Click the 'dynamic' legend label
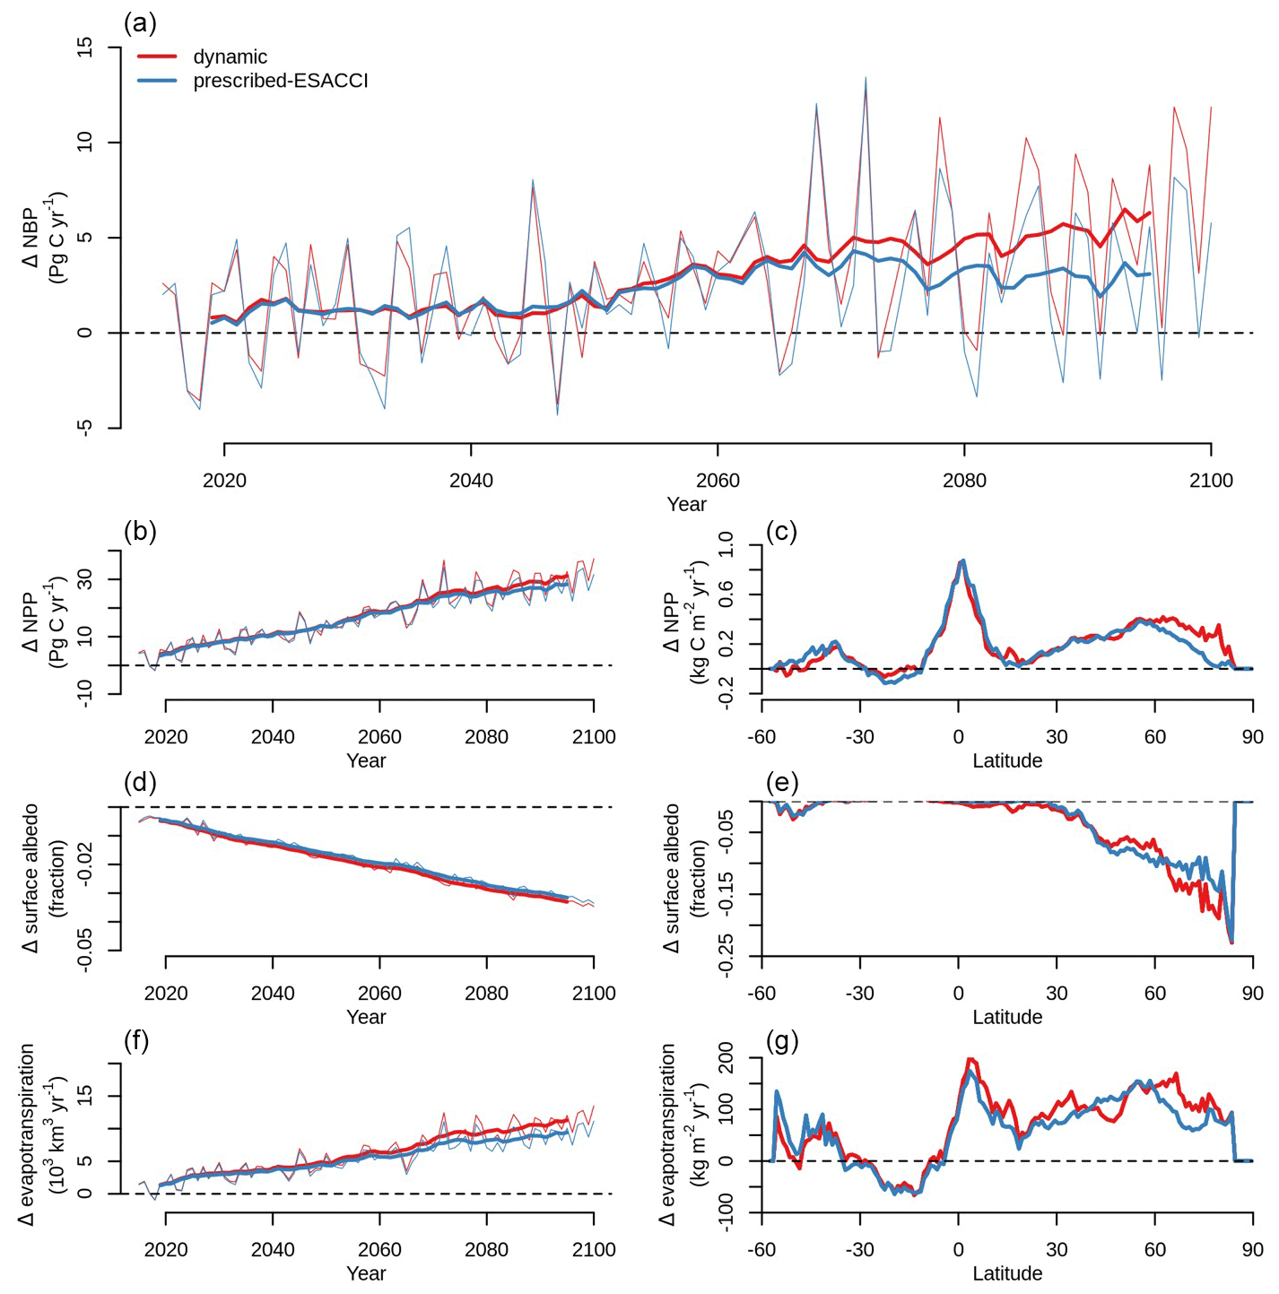[230, 57]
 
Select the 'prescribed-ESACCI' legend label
[280, 81]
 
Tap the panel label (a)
[141, 22]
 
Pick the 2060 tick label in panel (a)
[718, 481]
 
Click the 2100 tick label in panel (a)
[1211, 481]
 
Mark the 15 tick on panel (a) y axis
[85, 48]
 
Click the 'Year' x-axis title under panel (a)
[686, 505]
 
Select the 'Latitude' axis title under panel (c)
[1007, 761]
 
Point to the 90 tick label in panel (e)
[1252, 994]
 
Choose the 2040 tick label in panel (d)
[273, 994]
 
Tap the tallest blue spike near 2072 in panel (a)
[866, 78]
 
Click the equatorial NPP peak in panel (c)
[962, 561]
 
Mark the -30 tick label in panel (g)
[859, 1250]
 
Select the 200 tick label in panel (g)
[725, 1058]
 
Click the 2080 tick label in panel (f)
[486, 1250]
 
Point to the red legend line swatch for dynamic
[157, 57]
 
